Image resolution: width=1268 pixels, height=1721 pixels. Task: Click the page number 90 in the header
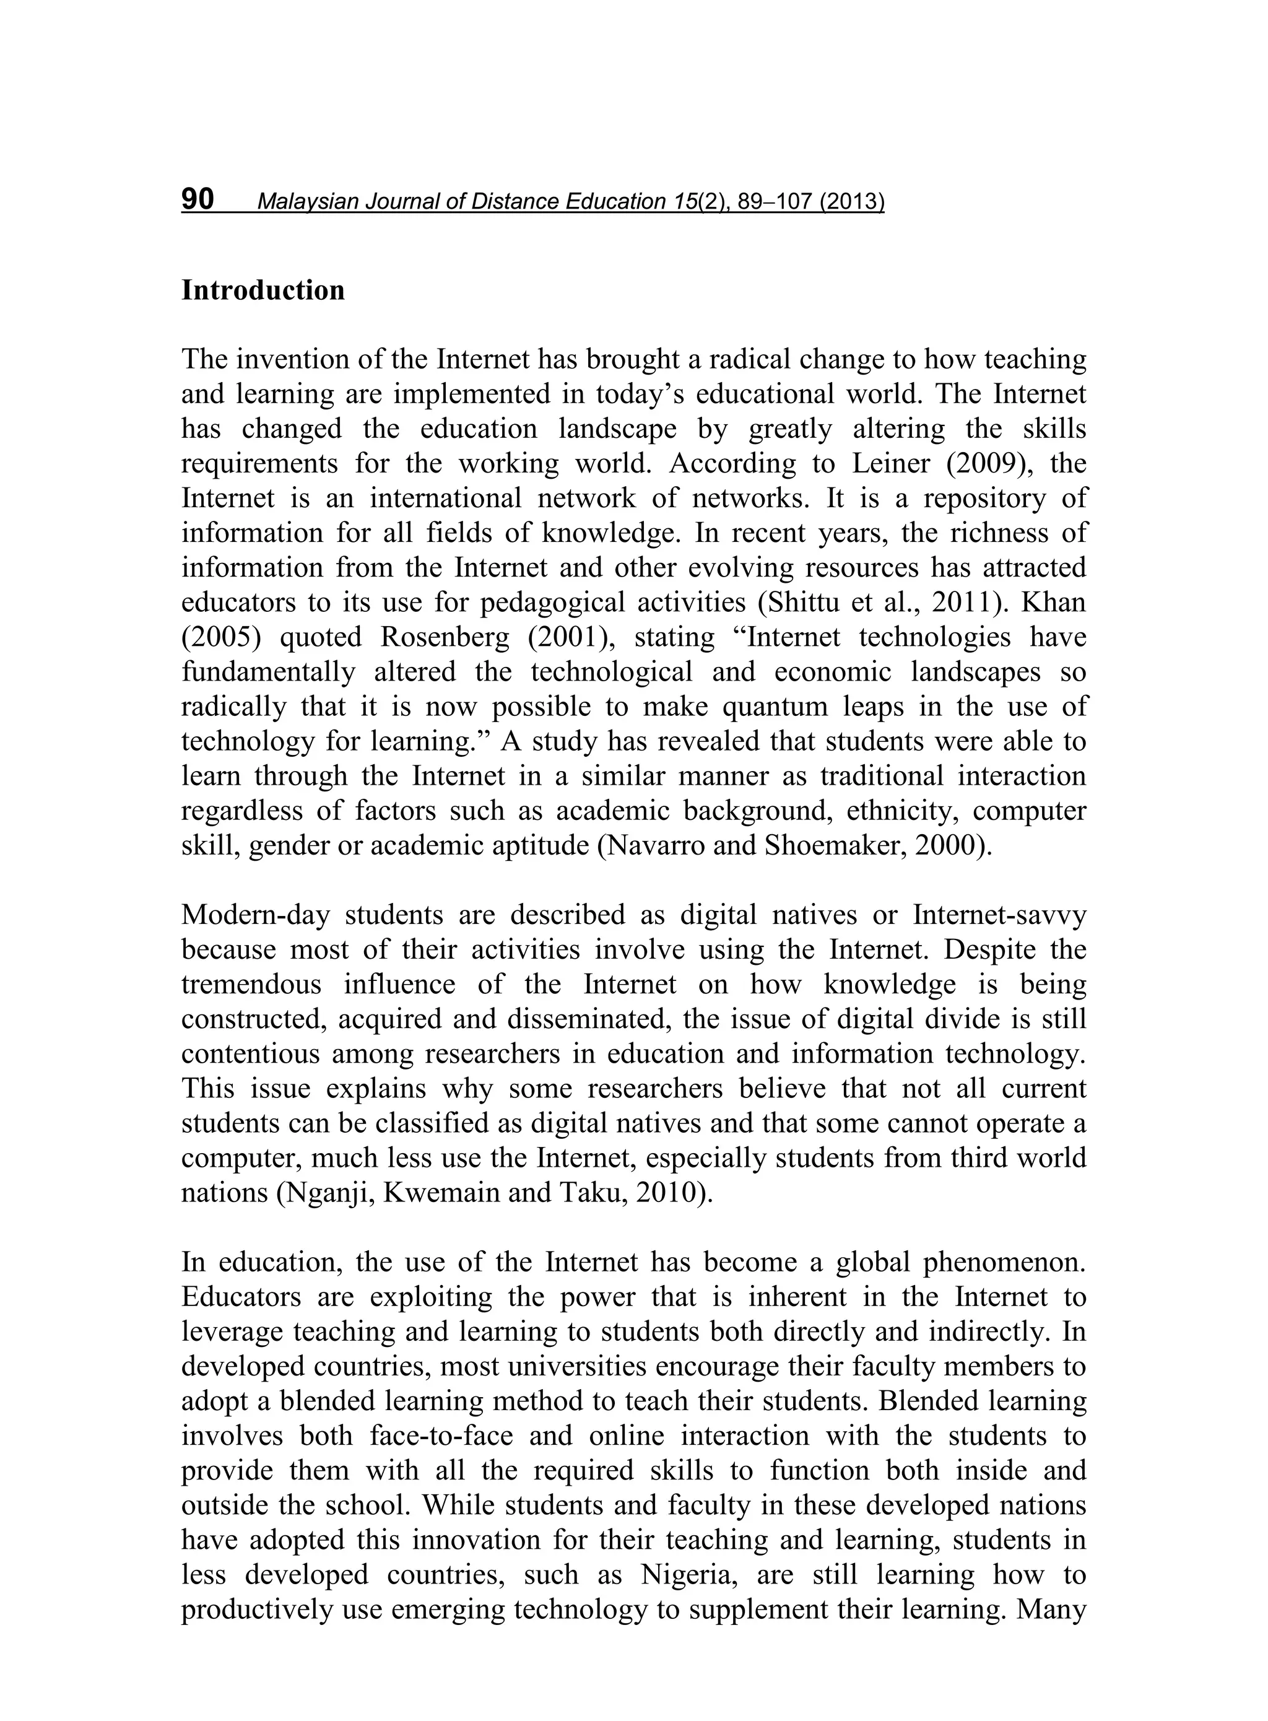click(x=198, y=199)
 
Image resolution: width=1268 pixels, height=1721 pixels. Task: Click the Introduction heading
click(x=263, y=291)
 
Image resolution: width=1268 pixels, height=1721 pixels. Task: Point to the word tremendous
click(x=253, y=985)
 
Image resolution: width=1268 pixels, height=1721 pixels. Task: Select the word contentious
click(x=250, y=1054)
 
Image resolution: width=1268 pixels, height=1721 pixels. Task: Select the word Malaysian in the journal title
click(x=308, y=202)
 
